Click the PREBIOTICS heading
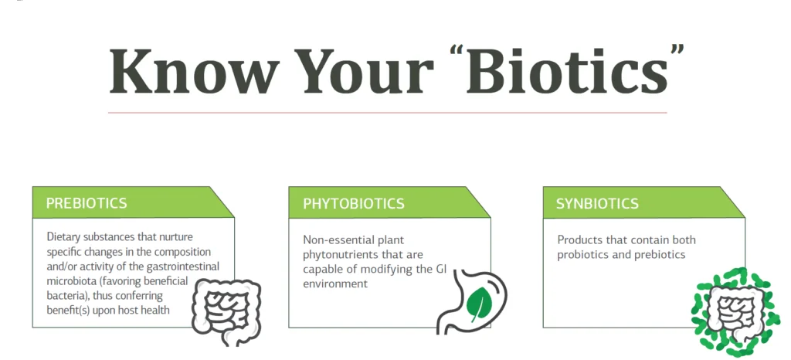[87, 203]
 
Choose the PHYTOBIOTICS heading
[354, 204]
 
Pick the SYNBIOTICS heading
[597, 204]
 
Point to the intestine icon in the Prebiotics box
[226, 312]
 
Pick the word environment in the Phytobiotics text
[335, 284]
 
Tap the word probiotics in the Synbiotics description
[581, 255]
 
